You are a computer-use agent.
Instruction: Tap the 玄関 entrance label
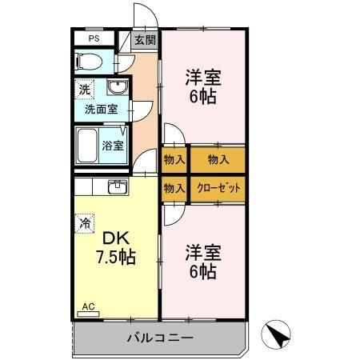click(145, 41)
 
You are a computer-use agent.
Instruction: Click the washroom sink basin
click(117, 88)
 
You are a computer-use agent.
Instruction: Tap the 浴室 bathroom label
click(113, 146)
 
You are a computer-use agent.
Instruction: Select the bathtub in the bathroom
click(88, 146)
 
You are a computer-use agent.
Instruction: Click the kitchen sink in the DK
click(117, 186)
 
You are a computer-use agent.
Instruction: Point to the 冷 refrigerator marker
click(83, 224)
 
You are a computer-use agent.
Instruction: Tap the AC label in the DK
click(88, 306)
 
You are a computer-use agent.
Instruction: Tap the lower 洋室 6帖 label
click(203, 262)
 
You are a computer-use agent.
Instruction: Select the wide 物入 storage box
click(217, 159)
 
